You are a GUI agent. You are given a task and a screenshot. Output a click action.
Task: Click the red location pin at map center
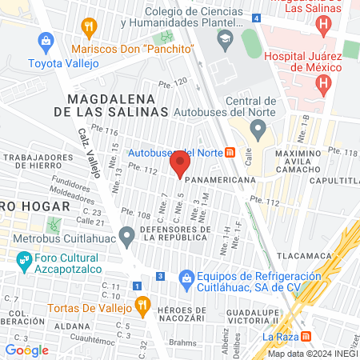180,166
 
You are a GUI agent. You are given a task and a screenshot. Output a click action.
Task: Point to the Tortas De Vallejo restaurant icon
142,304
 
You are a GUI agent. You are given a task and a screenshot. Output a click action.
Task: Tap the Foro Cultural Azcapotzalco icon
24,260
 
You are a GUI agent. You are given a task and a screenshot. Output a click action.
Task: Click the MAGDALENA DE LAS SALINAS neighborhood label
118,105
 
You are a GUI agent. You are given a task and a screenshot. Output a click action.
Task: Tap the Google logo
26,350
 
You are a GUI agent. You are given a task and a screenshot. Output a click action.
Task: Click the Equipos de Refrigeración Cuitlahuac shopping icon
186,277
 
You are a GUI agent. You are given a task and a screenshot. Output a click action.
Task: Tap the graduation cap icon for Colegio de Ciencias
225,38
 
